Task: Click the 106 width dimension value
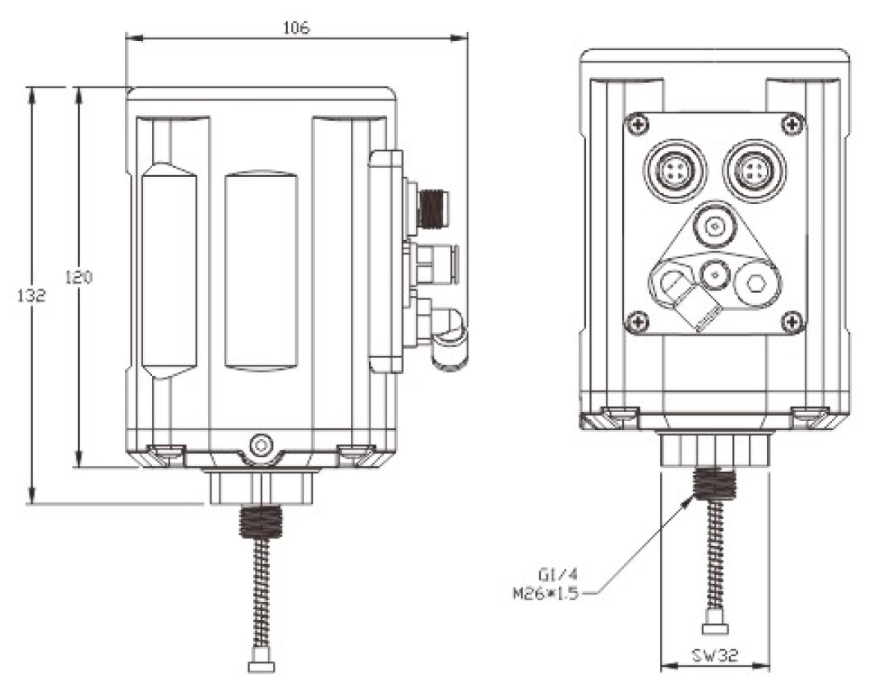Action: [296, 28]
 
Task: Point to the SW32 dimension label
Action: [714, 655]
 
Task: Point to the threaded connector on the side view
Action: [431, 209]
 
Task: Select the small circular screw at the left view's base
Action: [261, 445]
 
